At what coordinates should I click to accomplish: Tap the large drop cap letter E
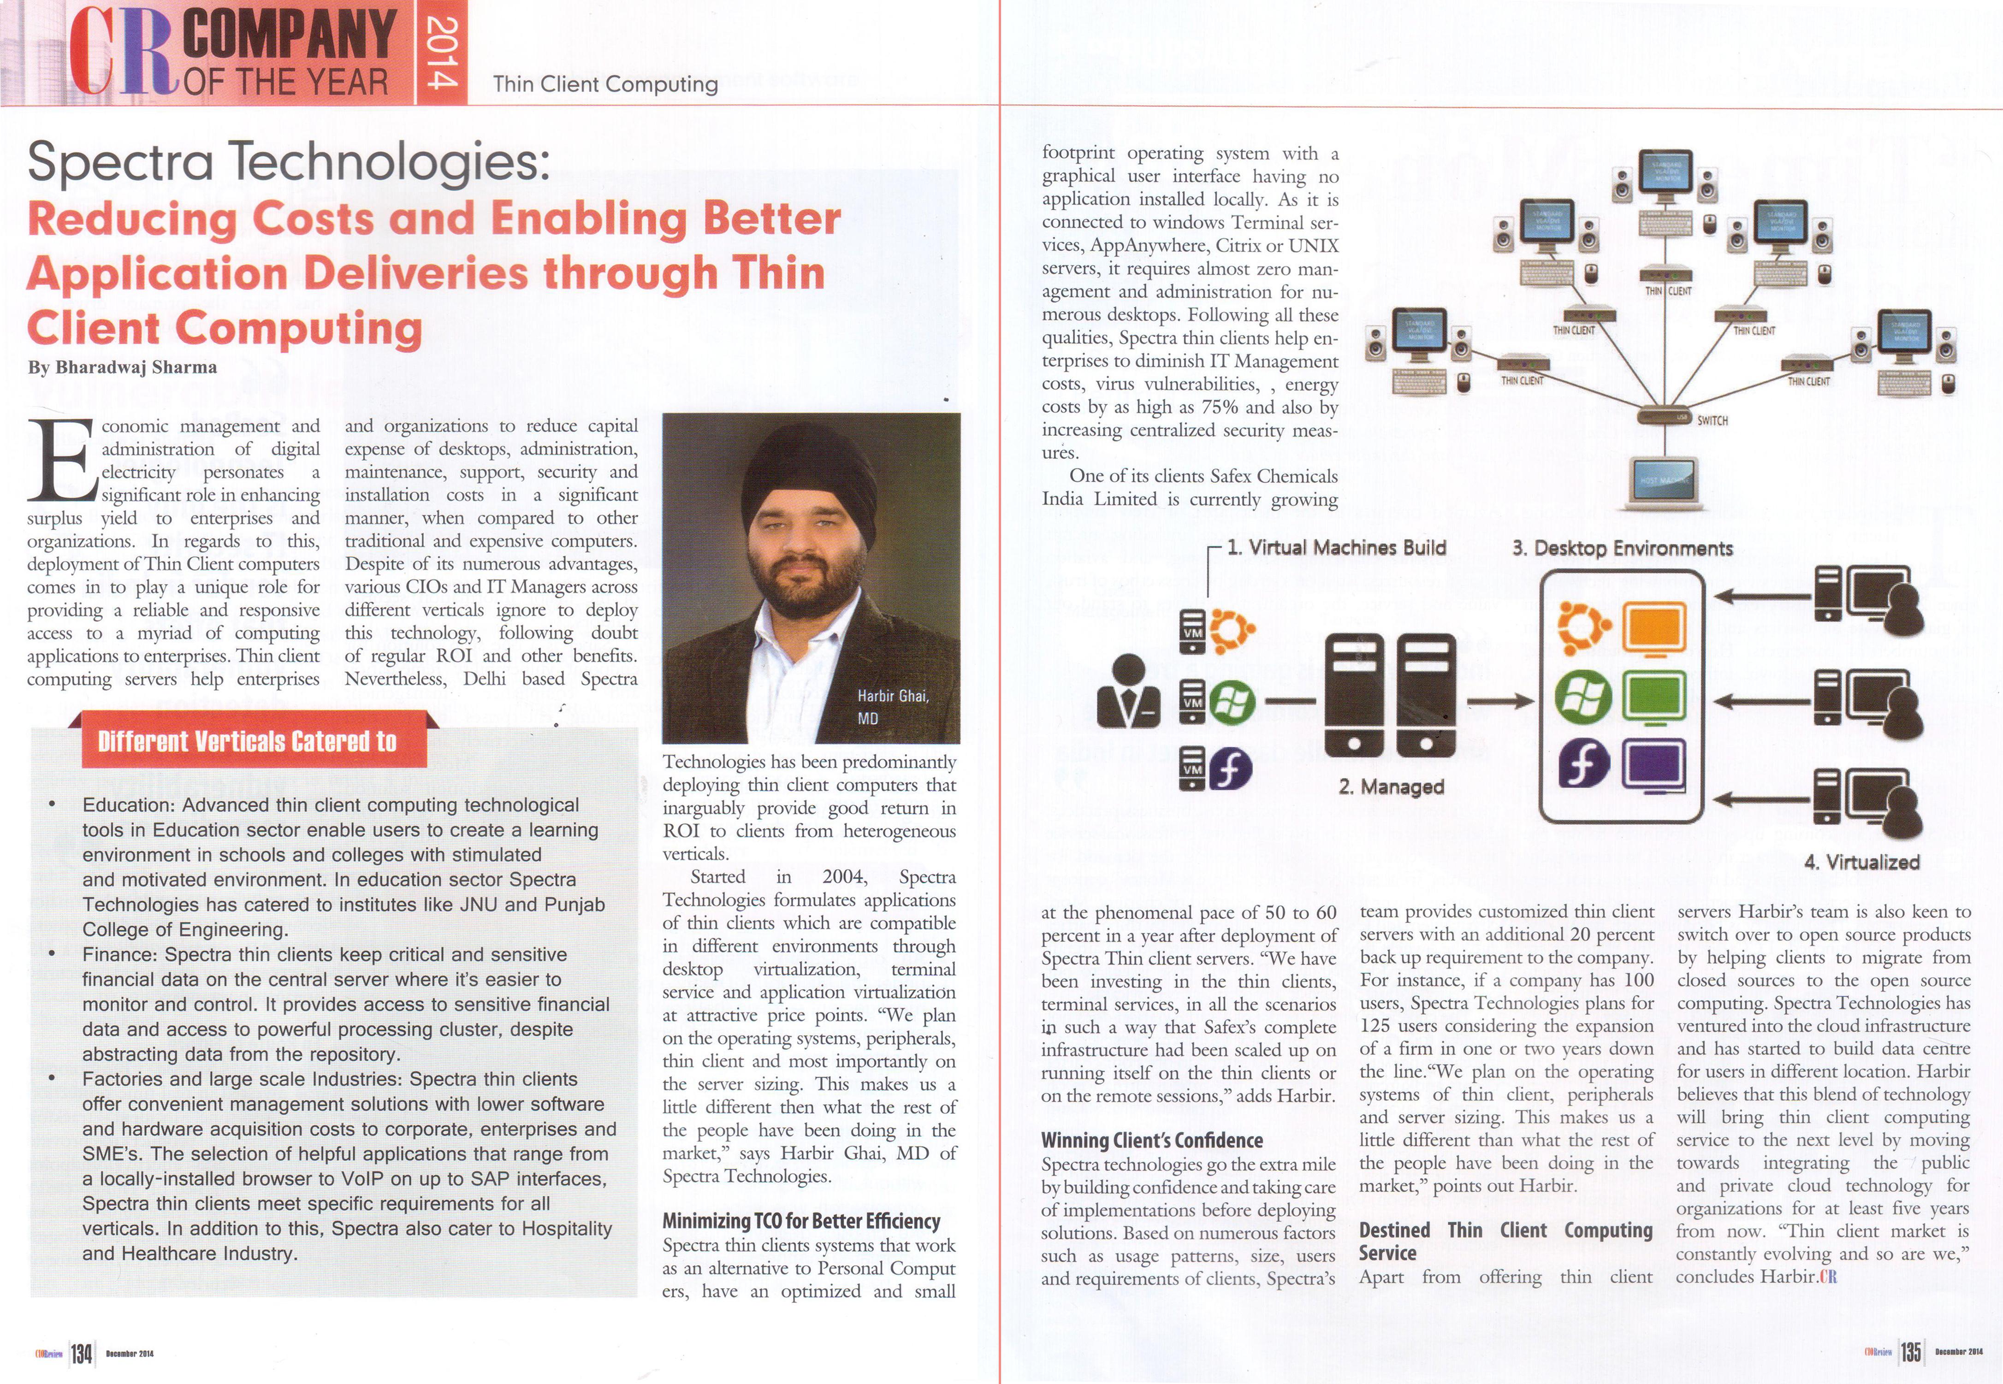tap(61, 460)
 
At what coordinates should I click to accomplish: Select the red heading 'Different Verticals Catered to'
tap(247, 741)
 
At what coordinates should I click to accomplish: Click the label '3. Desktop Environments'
tap(1622, 548)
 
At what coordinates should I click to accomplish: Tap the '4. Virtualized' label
tap(1861, 862)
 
